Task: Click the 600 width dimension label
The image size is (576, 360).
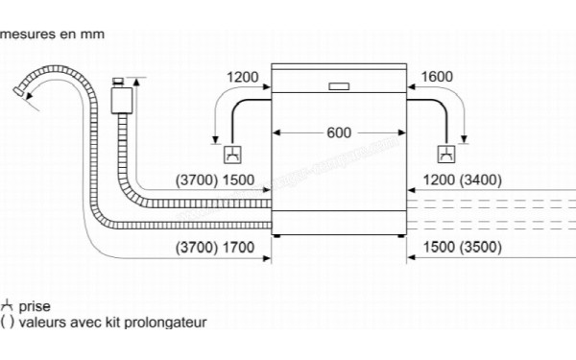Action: tap(339, 132)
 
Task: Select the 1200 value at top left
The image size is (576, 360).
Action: tap(244, 78)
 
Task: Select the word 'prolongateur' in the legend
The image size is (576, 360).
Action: tap(170, 324)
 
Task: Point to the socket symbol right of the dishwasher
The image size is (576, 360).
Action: tap(445, 153)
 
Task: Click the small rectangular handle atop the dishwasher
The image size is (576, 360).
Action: tap(339, 86)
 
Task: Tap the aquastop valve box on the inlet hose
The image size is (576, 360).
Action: tap(120, 99)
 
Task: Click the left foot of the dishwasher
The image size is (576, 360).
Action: tap(277, 235)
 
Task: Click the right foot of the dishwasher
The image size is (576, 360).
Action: tap(400, 235)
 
